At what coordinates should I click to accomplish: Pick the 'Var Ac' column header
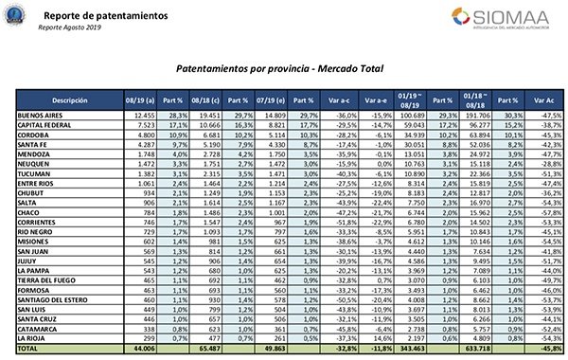click(x=543, y=99)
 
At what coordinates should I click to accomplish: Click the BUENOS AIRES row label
click(x=43, y=114)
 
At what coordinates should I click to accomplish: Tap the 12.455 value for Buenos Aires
click(x=143, y=114)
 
